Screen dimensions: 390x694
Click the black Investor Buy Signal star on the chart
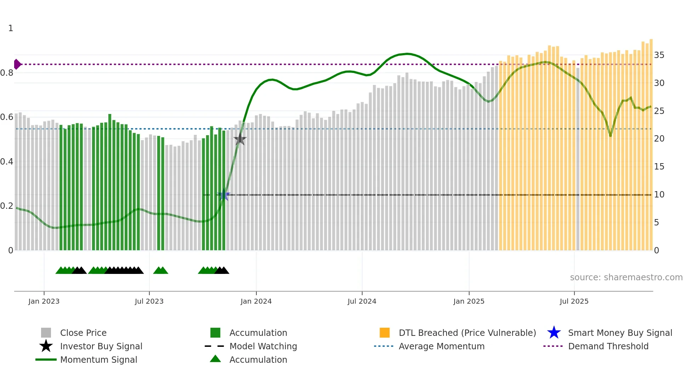tap(240, 139)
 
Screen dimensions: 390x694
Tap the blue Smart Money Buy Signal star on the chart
tap(223, 195)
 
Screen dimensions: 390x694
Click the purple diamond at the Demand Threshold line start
tap(17, 64)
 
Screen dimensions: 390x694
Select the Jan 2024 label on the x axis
tap(256, 302)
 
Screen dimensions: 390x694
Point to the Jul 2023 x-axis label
tap(149, 302)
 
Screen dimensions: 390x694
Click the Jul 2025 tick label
tap(574, 302)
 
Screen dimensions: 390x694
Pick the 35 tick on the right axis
tap(659, 55)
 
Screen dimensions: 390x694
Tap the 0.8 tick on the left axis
tap(7, 73)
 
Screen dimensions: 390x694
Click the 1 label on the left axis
tap(11, 28)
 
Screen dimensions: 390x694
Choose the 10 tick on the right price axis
tap(659, 195)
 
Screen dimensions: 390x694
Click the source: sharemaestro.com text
tap(626, 277)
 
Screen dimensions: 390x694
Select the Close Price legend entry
tap(83, 333)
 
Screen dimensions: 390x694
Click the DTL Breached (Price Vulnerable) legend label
tap(467, 333)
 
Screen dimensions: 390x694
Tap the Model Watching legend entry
tap(263, 346)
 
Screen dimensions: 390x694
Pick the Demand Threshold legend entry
tap(608, 346)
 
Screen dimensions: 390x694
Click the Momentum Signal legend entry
tap(98, 360)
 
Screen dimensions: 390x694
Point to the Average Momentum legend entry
tap(441, 346)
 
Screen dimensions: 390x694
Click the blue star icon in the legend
tap(554, 333)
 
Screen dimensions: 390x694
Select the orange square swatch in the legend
tap(385, 333)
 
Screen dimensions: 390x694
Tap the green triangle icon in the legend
tap(215, 359)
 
